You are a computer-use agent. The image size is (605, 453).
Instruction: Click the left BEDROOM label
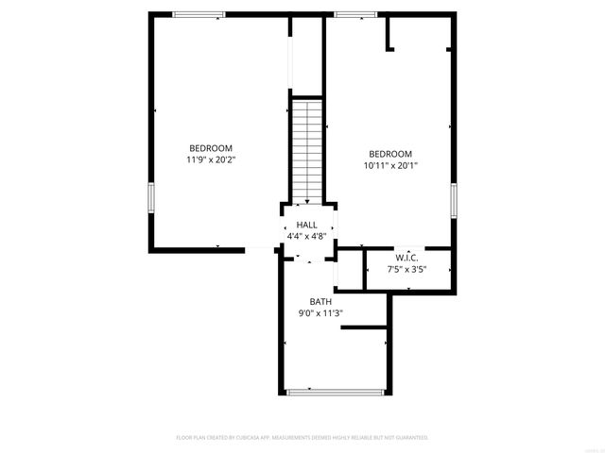coord(211,148)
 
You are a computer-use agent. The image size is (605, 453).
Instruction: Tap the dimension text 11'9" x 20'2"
coord(211,160)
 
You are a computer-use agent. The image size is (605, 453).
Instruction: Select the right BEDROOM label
coord(390,154)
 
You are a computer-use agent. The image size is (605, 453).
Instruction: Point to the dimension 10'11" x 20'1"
coord(390,166)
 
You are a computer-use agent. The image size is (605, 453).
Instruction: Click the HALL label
coord(306,225)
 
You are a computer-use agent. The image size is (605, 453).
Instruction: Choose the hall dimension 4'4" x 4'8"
coord(306,237)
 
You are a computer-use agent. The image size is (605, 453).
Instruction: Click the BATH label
coord(320,302)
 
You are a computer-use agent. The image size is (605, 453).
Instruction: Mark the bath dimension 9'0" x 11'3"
coord(320,314)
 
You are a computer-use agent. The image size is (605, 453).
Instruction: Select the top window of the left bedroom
coord(199,14)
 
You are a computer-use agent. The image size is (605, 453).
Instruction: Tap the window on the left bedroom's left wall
coord(150,198)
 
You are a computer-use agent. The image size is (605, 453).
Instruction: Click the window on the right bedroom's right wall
coord(454,199)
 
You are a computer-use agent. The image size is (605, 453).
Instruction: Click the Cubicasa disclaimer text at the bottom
coord(302,438)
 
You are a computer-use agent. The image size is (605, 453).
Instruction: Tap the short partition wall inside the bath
coord(364,327)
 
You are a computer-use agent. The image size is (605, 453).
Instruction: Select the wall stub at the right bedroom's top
coord(388,33)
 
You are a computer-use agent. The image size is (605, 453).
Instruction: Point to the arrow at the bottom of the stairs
coord(306,200)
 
